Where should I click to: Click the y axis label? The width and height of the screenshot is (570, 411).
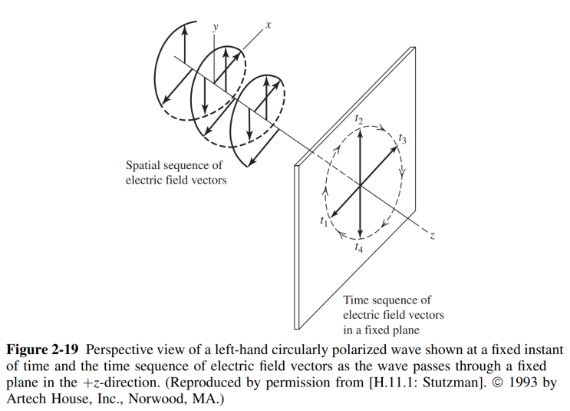pos(216,28)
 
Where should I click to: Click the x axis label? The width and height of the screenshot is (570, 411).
pos(269,25)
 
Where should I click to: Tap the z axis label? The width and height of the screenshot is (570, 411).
pos(432,236)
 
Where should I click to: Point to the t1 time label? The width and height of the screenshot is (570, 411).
pos(324,220)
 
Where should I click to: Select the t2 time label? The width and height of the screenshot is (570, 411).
pos(359,119)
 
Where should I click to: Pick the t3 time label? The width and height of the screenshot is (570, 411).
pos(403,139)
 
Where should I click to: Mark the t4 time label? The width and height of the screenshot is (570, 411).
pos(359,247)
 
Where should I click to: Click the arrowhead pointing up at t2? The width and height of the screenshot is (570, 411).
pos(360,134)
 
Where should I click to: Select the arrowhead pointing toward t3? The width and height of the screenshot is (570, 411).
pos(394,150)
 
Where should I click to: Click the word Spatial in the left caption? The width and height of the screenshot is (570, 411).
pos(143,165)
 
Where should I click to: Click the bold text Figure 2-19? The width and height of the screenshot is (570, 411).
pos(42,350)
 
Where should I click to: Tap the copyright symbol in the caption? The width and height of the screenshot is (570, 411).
pos(498,383)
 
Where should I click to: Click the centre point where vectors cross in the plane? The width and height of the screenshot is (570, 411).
pos(360,186)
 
